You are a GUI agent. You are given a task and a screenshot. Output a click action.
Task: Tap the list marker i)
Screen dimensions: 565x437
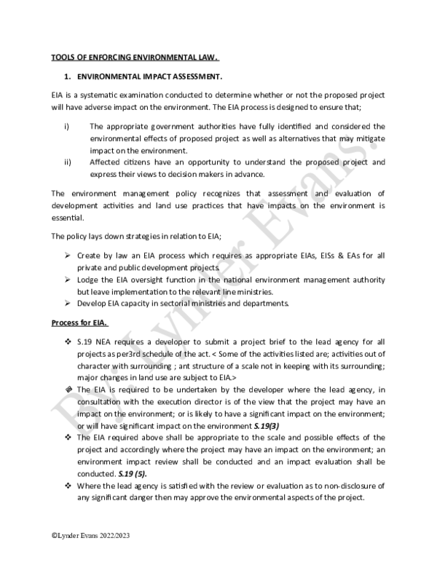pyautogui.click(x=66, y=126)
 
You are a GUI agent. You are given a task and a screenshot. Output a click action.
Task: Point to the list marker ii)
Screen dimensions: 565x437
pyautogui.click(x=67, y=162)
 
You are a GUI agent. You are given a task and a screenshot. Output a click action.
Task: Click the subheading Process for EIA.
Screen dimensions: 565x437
pyautogui.click(x=80, y=323)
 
